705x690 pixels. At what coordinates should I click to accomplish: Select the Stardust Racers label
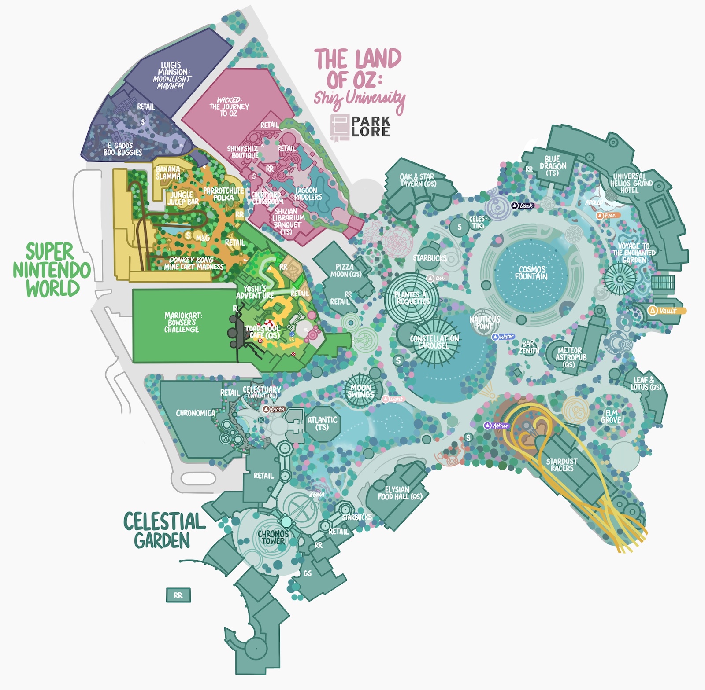click(x=562, y=465)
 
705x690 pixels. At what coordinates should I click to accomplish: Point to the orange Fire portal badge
click(x=608, y=215)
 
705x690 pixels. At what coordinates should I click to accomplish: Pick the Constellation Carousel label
click(x=434, y=342)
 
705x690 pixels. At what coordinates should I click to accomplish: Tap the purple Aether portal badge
click(x=497, y=426)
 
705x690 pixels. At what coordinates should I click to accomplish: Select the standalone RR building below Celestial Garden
click(x=178, y=595)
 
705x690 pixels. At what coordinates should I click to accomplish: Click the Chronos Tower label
click(x=273, y=537)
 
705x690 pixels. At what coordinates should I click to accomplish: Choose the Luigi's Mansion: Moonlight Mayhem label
click(x=172, y=76)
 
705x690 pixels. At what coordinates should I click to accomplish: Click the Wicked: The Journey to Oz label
click(x=229, y=106)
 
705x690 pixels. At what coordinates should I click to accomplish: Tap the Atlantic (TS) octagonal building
click(x=322, y=423)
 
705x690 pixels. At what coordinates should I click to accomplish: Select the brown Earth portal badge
click(x=274, y=409)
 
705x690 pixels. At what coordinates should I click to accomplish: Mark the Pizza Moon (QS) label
click(x=346, y=270)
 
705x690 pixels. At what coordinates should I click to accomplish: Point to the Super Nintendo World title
click(x=51, y=270)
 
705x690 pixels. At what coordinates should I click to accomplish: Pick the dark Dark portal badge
click(x=523, y=206)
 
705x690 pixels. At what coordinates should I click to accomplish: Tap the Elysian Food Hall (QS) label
click(x=400, y=493)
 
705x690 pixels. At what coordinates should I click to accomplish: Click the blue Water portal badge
click(x=503, y=337)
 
